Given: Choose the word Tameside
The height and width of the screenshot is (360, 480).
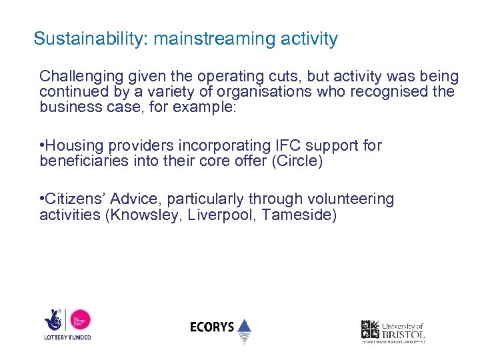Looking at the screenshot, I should (x=299, y=215).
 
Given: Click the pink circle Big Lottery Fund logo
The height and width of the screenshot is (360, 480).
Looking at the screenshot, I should (x=80, y=321).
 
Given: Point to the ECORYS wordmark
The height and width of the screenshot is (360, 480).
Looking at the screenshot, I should (x=212, y=327).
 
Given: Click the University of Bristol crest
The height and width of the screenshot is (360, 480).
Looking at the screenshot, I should (x=370, y=329).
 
